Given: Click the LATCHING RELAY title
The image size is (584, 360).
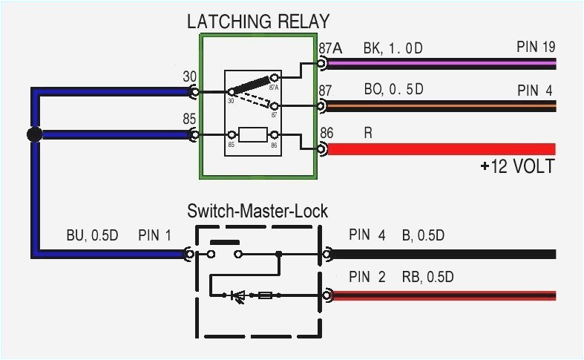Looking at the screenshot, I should point(257,22).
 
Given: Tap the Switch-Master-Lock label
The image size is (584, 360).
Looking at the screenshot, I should point(257,212).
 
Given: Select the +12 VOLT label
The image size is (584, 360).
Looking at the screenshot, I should point(516,166).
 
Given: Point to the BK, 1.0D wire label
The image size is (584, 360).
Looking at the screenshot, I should point(393,49).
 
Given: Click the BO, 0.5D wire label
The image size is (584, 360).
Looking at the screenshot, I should point(393,90).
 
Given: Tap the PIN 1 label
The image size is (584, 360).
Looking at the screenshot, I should point(154,236).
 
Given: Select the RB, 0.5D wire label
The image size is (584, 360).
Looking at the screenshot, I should point(428,278).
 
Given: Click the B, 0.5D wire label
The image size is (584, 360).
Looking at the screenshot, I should point(423,236).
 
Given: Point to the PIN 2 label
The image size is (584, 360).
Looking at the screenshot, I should point(367,278).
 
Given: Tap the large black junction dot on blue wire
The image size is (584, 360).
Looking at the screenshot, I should point(33,134).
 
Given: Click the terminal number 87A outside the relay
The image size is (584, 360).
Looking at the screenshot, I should point(330,49).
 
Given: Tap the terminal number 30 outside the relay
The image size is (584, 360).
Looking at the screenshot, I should point(190,76).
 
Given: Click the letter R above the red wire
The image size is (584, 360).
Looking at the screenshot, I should point(368,133).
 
